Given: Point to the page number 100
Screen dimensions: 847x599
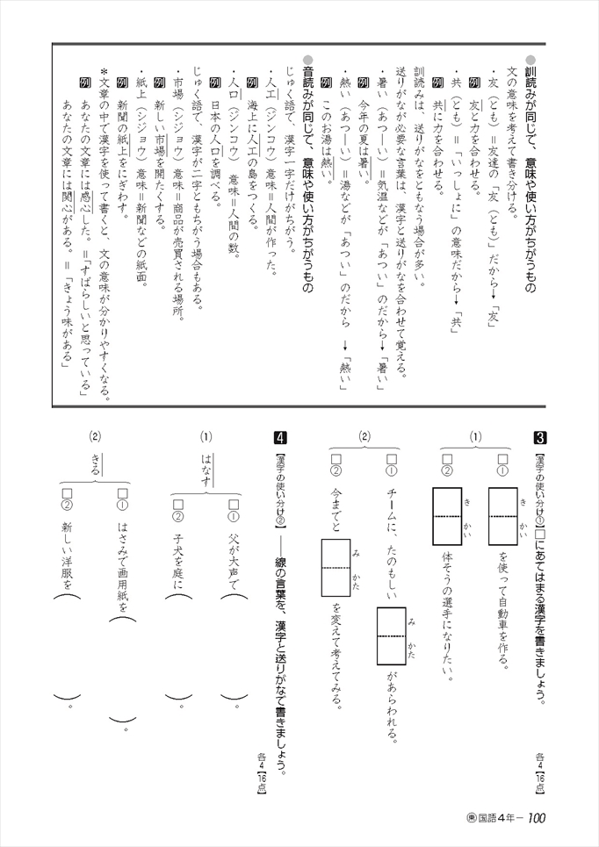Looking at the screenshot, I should click(538, 820).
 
